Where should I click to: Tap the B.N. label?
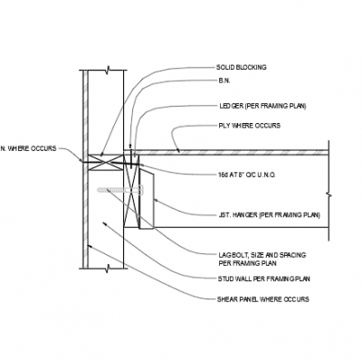[223, 86]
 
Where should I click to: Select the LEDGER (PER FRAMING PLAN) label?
[262, 105]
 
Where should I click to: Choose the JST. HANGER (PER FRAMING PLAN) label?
[269, 214]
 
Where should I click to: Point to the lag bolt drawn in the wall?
[117, 190]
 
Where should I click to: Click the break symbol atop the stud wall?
[108, 70]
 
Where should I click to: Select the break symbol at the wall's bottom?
[108, 269]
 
